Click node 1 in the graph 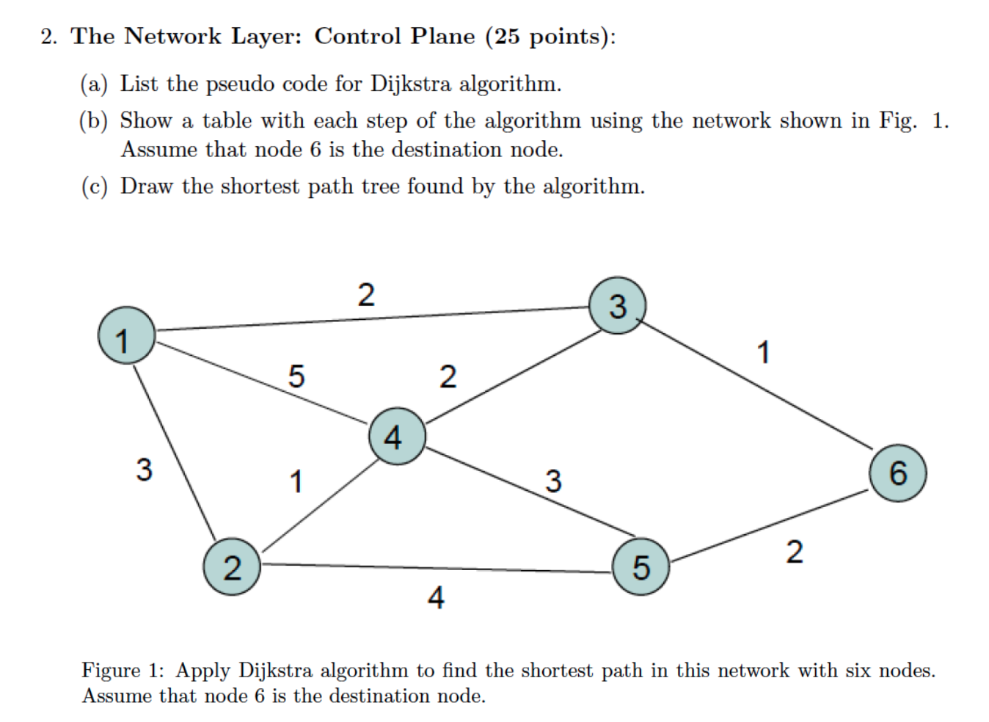pyautogui.click(x=126, y=335)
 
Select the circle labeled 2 pyautogui.click(x=232, y=567)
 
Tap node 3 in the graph pyautogui.click(x=618, y=305)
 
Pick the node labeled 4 pyautogui.click(x=396, y=437)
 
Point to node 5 pyautogui.click(x=641, y=566)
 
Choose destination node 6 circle pyautogui.click(x=897, y=473)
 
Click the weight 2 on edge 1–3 pyautogui.click(x=366, y=295)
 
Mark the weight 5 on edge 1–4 pyautogui.click(x=296, y=376)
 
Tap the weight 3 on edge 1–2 pyautogui.click(x=144, y=469)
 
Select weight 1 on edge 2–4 pyautogui.click(x=296, y=482)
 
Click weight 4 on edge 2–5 pyautogui.click(x=436, y=597)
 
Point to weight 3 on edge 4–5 pyautogui.click(x=553, y=481)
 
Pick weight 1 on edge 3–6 pyautogui.click(x=764, y=352)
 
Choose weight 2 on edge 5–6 pyautogui.click(x=794, y=552)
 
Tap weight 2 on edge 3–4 pyautogui.click(x=448, y=376)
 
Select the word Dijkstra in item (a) pyautogui.click(x=411, y=84)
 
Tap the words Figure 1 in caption pyautogui.click(x=122, y=670)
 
